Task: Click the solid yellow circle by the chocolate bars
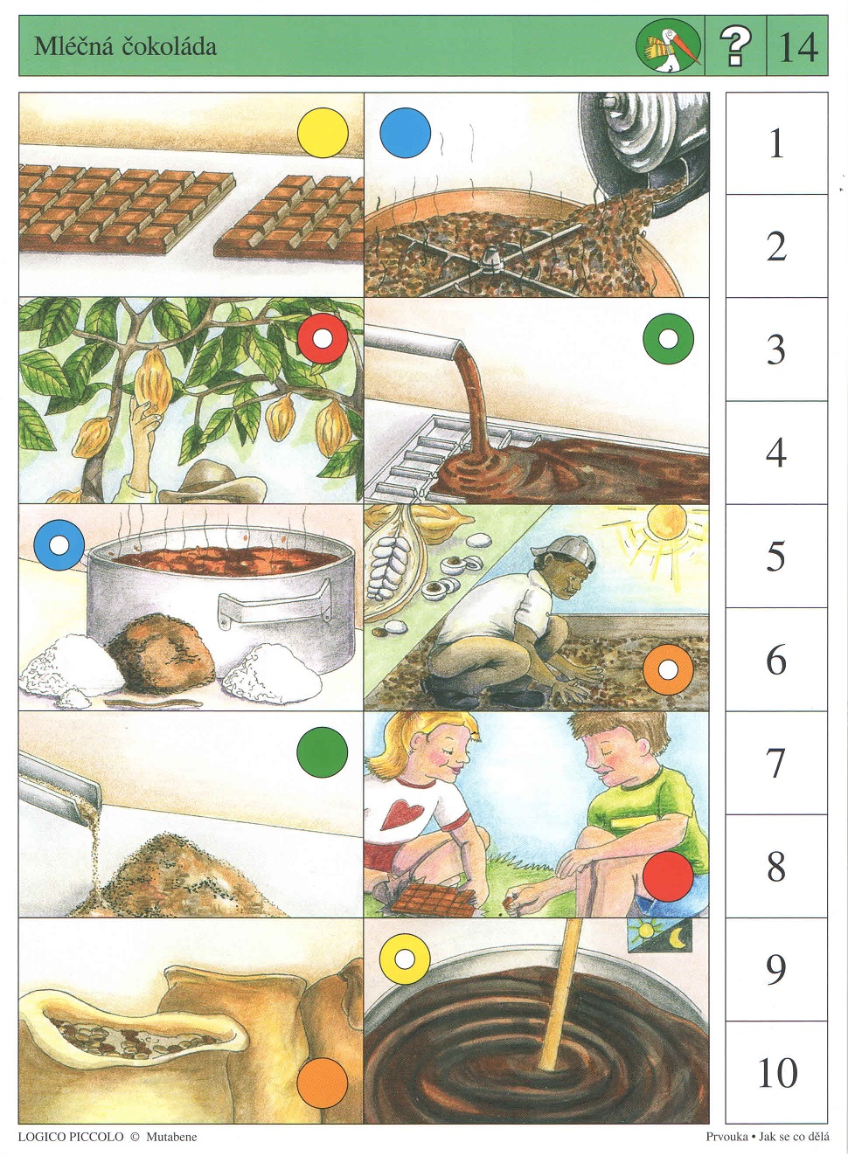(x=323, y=133)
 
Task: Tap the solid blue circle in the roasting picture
(x=406, y=133)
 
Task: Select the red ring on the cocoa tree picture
(x=323, y=339)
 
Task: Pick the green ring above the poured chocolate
(x=668, y=339)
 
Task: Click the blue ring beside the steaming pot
(x=59, y=545)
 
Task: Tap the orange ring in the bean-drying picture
(x=668, y=670)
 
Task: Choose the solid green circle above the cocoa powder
(x=323, y=752)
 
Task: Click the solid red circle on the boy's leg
(x=668, y=876)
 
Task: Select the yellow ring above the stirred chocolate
(x=405, y=959)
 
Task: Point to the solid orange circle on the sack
(x=323, y=1083)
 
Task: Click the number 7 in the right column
(x=775, y=763)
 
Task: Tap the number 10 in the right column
(x=777, y=1073)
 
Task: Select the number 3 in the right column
(x=775, y=350)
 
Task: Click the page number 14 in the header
(x=798, y=47)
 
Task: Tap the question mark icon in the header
(x=735, y=46)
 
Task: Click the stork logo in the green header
(x=669, y=47)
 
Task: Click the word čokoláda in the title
(x=170, y=46)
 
